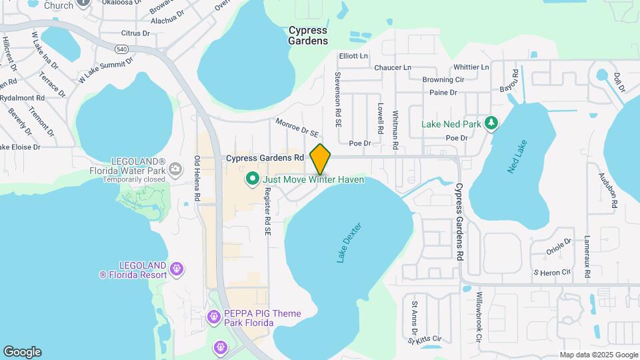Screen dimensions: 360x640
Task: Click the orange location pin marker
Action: [x=321, y=159]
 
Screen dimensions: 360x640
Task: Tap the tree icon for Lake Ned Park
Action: [x=491, y=123]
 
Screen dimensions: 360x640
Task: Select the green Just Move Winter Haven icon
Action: [x=253, y=179]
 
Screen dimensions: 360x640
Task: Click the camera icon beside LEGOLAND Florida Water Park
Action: [x=175, y=168]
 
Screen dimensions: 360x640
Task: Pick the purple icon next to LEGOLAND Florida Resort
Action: [x=176, y=269]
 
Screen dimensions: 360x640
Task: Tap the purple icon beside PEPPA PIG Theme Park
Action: [x=214, y=317]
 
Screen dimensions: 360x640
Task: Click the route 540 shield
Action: [x=121, y=49]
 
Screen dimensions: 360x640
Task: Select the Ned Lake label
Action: [x=517, y=157]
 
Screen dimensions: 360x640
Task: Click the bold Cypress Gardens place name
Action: [x=308, y=35]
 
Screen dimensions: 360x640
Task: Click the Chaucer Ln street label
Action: [x=393, y=67]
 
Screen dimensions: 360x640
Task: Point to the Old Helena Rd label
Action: [x=197, y=179]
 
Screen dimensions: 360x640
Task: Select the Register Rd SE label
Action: [x=267, y=211]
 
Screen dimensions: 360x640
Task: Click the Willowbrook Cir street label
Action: [x=479, y=317]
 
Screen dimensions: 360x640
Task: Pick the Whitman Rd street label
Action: [x=396, y=129]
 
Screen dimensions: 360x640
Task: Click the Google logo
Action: [x=22, y=352]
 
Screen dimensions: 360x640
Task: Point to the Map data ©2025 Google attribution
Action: [x=599, y=355]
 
